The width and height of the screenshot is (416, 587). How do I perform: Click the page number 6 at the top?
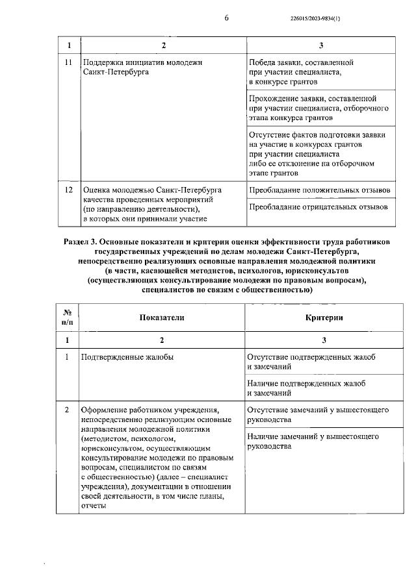point(226,18)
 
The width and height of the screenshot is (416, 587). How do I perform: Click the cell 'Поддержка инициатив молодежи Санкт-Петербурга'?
point(139,68)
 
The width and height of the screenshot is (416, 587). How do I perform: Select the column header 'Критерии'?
point(324,316)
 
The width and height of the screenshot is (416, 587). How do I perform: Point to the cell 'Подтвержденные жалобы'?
point(127,357)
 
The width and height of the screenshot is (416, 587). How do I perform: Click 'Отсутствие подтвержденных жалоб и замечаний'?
point(311,362)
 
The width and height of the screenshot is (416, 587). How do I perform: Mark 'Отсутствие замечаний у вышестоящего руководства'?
point(318,416)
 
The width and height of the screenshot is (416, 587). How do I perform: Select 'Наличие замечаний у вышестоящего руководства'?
point(313,442)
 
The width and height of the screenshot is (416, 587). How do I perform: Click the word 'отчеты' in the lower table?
point(93,506)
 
